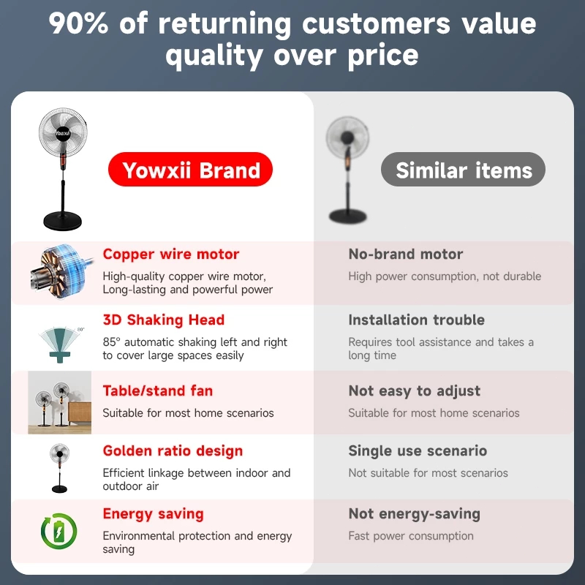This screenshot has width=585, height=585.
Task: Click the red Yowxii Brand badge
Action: point(190,170)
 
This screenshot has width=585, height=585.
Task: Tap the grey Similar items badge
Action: point(463,170)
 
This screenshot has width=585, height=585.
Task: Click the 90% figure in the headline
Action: point(79,23)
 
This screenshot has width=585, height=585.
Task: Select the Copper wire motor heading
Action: point(171,254)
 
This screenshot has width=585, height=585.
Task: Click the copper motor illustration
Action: point(61,272)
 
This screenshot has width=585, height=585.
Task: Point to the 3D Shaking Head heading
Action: point(164,320)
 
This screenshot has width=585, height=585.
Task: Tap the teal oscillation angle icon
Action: point(61,344)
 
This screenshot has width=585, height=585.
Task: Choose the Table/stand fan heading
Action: point(158,390)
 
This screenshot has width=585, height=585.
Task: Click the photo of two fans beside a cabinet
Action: point(60,403)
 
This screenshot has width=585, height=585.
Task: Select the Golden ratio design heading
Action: point(173,451)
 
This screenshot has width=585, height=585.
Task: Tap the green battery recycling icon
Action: point(59,532)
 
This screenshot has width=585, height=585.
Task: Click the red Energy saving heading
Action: point(154,514)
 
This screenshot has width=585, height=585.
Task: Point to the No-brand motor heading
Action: point(406,254)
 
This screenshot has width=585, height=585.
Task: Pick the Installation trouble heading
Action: point(416,320)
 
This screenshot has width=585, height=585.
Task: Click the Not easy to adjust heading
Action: point(414,391)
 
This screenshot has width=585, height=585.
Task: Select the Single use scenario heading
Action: point(418,450)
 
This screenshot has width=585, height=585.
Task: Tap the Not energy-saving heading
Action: point(414,514)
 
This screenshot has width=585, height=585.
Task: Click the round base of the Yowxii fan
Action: point(62,221)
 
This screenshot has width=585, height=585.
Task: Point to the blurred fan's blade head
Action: point(347,137)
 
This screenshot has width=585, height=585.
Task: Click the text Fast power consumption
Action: point(411,536)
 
